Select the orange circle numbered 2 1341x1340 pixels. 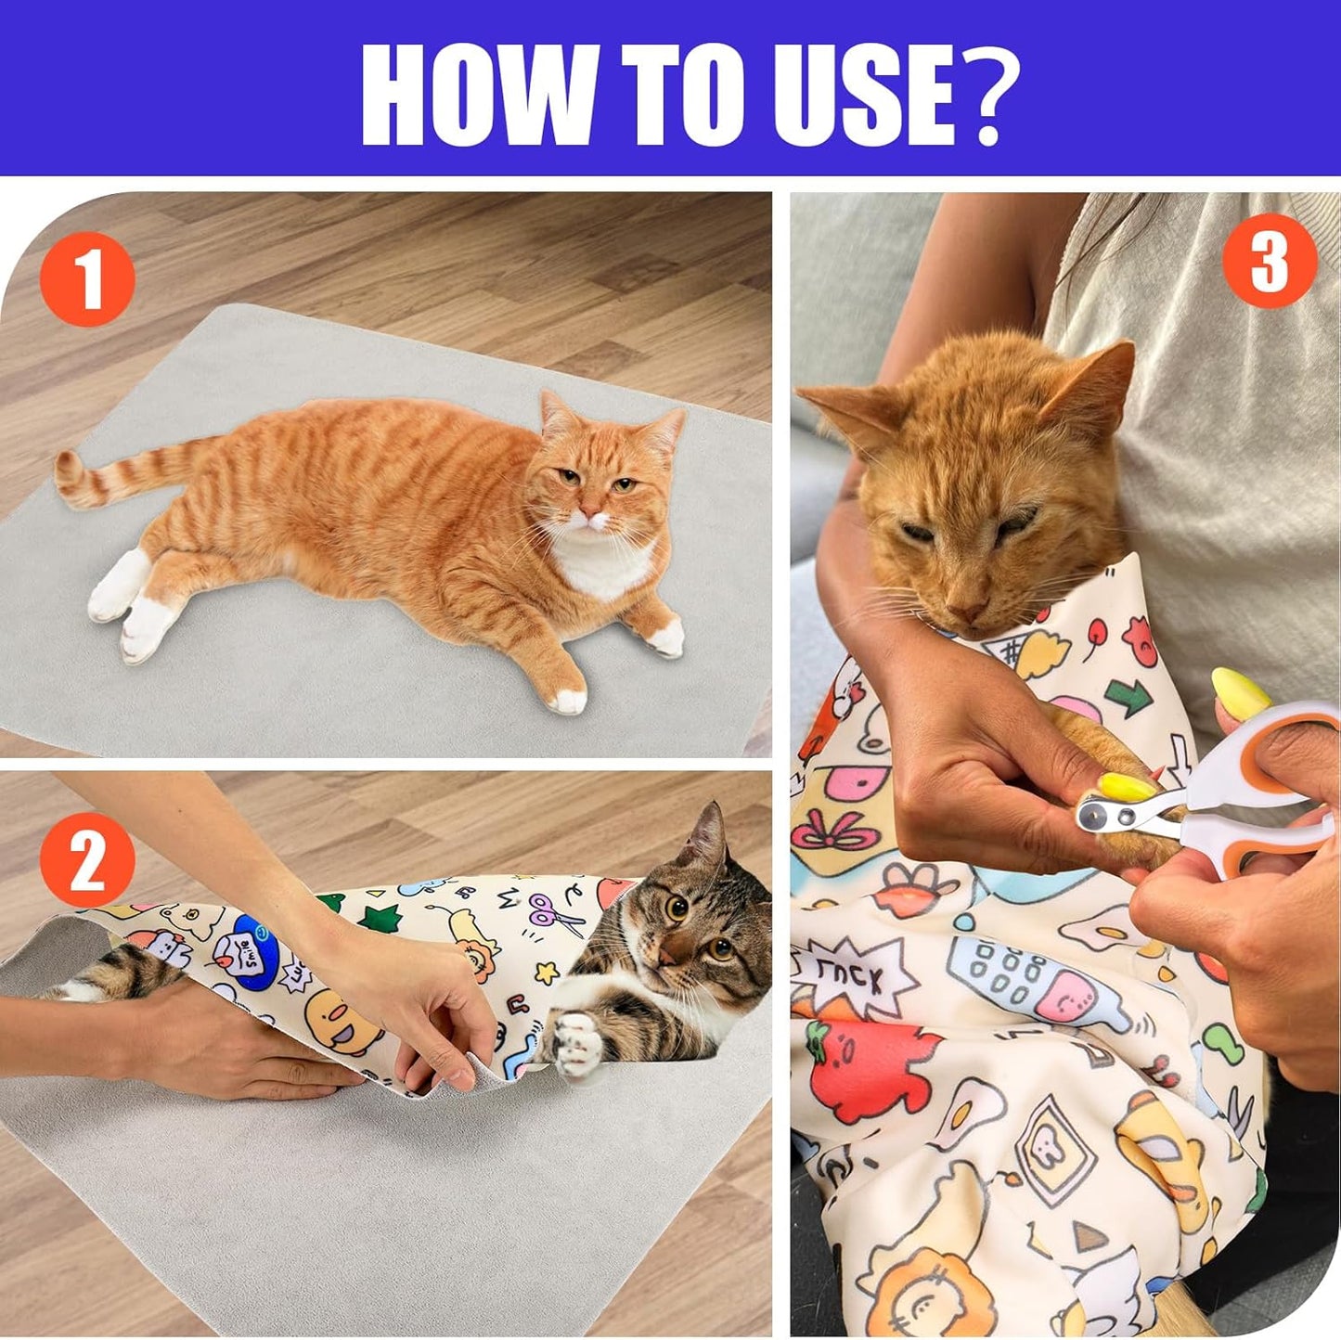tap(87, 859)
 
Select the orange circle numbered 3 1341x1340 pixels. tap(1269, 260)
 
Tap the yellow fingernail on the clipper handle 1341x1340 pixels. tap(1240, 691)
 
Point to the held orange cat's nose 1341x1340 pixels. tap(966, 613)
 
